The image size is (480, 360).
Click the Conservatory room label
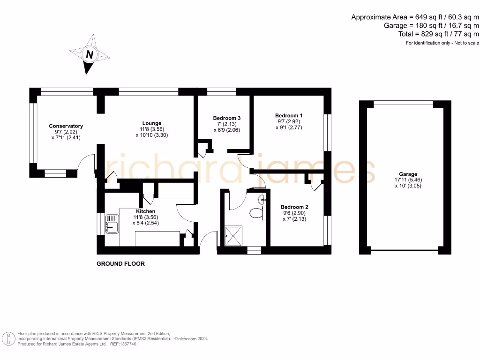66,126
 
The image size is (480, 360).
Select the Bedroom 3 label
227,118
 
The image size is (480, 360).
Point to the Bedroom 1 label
289,116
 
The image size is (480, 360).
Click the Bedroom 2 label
294,207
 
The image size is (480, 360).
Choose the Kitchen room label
145,211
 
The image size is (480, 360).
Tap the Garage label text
406,174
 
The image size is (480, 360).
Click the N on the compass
89,55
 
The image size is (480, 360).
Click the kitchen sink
112,224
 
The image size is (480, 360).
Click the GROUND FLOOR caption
120,264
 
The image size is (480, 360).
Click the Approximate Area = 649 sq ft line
415,17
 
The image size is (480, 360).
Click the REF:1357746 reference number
123,344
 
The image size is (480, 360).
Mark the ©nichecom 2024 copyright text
191,338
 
